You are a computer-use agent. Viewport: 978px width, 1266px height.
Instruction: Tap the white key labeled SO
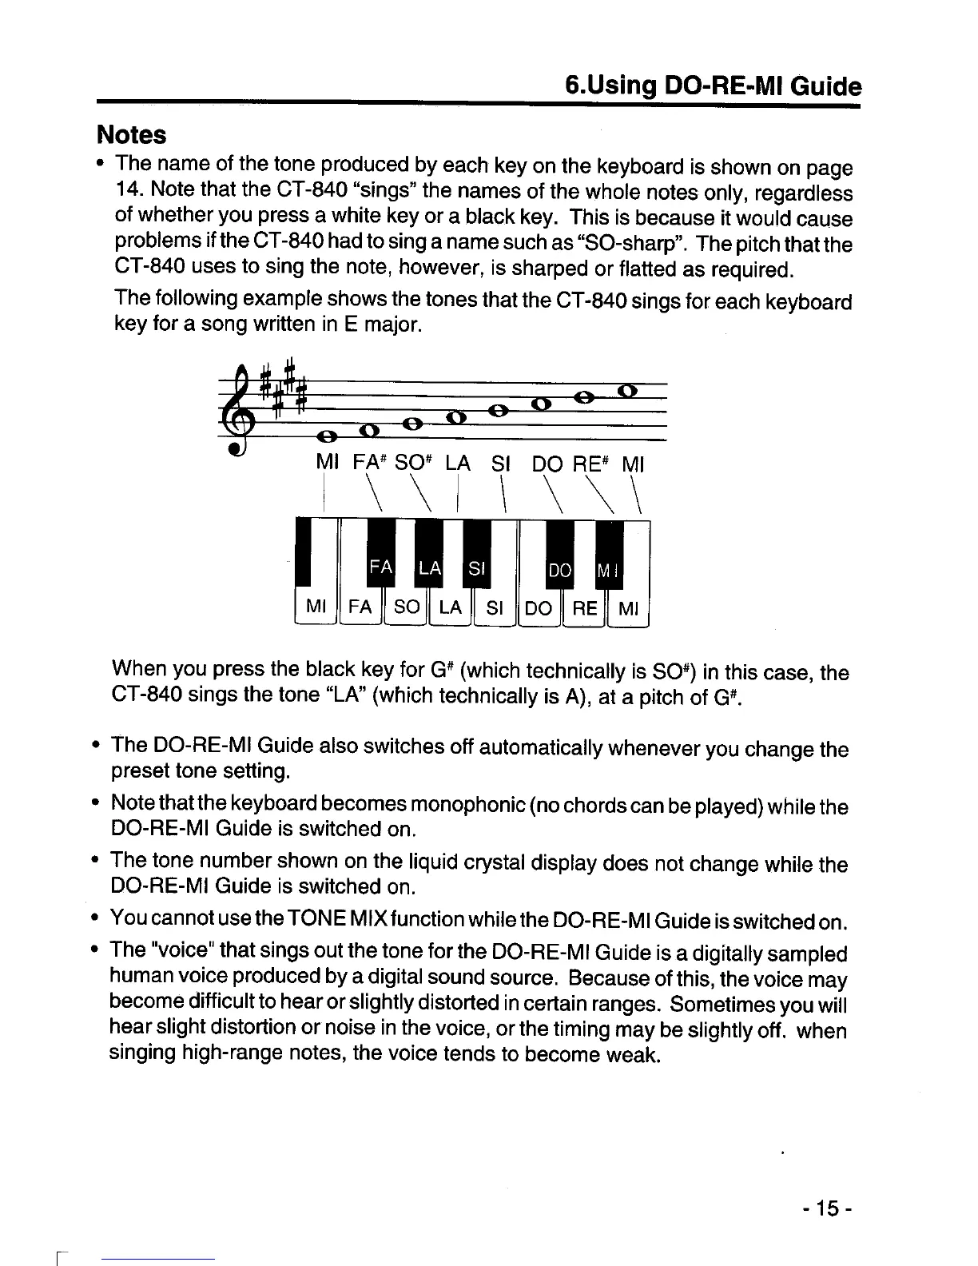pyautogui.click(x=406, y=607)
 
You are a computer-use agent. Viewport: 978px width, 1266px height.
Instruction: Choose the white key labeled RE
pyautogui.click(x=585, y=607)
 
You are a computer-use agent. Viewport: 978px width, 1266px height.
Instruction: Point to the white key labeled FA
pyautogui.click(x=360, y=607)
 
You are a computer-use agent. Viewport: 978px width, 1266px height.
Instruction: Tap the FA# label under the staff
pyautogui.click(x=372, y=464)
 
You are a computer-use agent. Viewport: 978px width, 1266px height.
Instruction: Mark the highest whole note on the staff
pyautogui.click(x=627, y=391)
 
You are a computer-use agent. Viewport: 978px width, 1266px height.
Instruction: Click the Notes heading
pyautogui.click(x=131, y=134)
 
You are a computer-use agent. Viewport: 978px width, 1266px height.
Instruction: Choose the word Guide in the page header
pyautogui.click(x=825, y=86)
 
